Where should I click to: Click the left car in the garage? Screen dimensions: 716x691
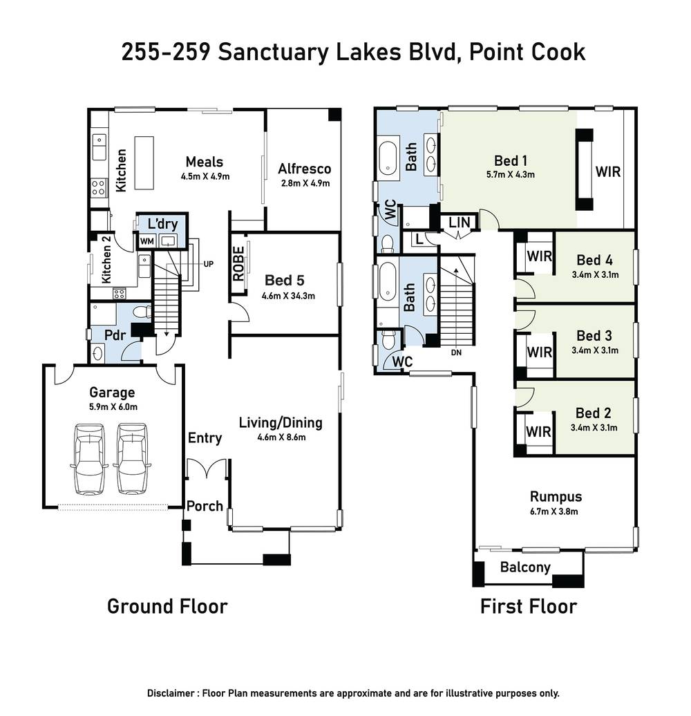tap(90, 460)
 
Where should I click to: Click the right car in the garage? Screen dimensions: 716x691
tap(133, 460)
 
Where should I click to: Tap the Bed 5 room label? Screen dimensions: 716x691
tap(284, 281)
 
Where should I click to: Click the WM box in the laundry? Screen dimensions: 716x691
tap(146, 241)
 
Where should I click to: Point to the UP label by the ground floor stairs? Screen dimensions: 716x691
tap(208, 264)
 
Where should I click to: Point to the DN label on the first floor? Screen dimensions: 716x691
tap(455, 352)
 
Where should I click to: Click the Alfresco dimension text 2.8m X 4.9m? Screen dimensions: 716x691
tap(304, 184)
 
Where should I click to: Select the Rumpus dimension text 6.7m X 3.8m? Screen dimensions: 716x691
tap(556, 511)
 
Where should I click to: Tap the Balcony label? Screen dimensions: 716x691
tap(525, 567)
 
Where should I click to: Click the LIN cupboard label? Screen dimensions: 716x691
tap(460, 223)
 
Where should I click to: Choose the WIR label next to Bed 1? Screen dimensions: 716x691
tap(608, 170)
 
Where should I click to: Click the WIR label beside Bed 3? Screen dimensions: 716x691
tap(539, 352)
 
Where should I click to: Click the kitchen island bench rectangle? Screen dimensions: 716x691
tap(144, 162)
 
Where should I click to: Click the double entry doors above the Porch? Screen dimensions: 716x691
tap(207, 469)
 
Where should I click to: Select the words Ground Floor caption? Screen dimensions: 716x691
tap(167, 607)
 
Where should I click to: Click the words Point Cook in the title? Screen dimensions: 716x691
tap(527, 53)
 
